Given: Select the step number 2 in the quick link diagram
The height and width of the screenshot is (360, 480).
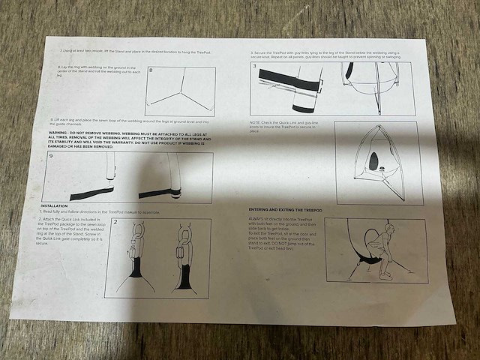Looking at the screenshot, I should point(116,223).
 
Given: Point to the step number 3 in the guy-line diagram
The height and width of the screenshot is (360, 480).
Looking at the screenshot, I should point(256,67).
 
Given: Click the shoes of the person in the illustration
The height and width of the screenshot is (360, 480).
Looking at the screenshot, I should point(385,275).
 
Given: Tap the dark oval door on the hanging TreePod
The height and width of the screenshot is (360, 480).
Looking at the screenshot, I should point(374,160).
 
